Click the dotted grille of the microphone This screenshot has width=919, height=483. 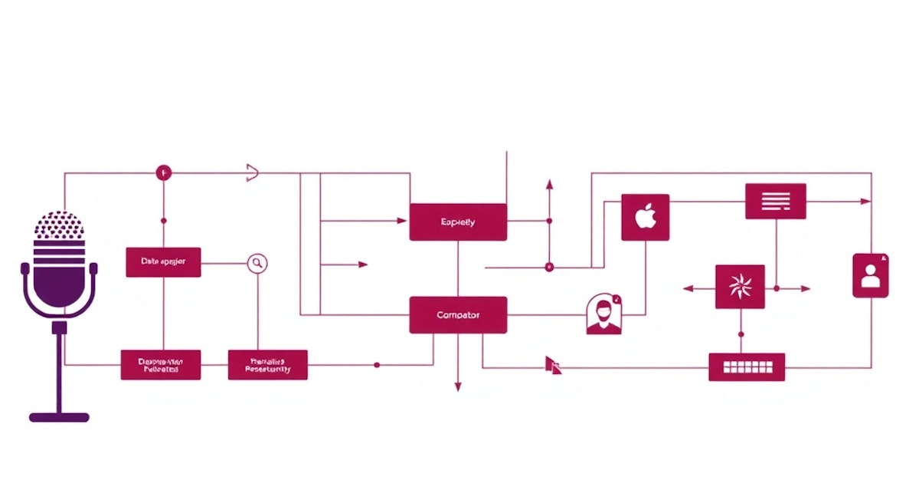(x=59, y=225)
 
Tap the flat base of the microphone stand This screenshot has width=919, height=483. (x=59, y=418)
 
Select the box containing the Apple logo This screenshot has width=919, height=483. (x=646, y=217)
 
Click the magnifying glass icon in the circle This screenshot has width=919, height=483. (x=257, y=263)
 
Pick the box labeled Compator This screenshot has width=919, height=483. (x=458, y=315)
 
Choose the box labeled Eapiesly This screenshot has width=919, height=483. (x=458, y=222)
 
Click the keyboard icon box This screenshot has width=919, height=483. (x=747, y=367)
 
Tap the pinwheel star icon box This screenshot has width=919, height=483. (x=740, y=287)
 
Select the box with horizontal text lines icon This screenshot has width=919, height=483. (x=776, y=201)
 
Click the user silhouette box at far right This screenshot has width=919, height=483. (x=871, y=275)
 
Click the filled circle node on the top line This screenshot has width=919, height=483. (x=163, y=173)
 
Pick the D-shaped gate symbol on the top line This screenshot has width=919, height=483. (x=251, y=173)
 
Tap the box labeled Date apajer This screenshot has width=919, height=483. (x=162, y=262)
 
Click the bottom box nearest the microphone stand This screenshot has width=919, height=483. (x=161, y=365)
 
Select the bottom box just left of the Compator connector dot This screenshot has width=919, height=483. (x=268, y=365)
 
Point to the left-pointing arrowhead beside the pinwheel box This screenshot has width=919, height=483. (x=687, y=289)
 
